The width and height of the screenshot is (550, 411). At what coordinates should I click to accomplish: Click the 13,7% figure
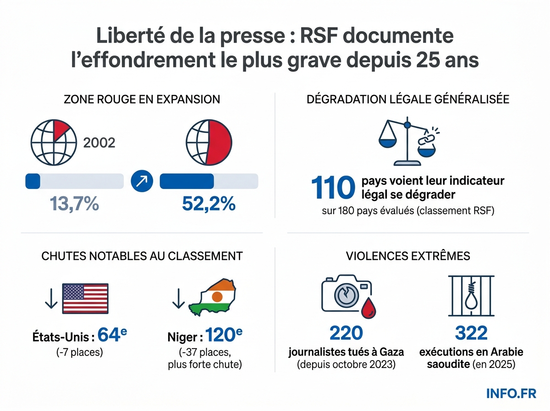pyautogui.click(x=74, y=204)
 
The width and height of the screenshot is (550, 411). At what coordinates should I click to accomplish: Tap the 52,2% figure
pyautogui.click(x=209, y=204)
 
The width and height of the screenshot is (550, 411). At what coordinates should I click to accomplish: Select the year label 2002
pyautogui.click(x=99, y=143)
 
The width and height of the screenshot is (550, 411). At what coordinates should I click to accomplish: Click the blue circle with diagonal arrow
pyautogui.click(x=142, y=181)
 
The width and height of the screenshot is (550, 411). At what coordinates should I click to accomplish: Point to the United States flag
pyautogui.click(x=85, y=299)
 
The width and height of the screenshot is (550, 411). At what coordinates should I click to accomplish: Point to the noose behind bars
pyautogui.click(x=471, y=297)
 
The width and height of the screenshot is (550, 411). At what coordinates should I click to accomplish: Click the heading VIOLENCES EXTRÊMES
pyautogui.click(x=408, y=255)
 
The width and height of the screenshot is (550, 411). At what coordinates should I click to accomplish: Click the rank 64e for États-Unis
pyautogui.click(x=113, y=336)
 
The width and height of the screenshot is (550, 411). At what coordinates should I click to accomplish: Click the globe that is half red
pyautogui.click(x=209, y=143)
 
